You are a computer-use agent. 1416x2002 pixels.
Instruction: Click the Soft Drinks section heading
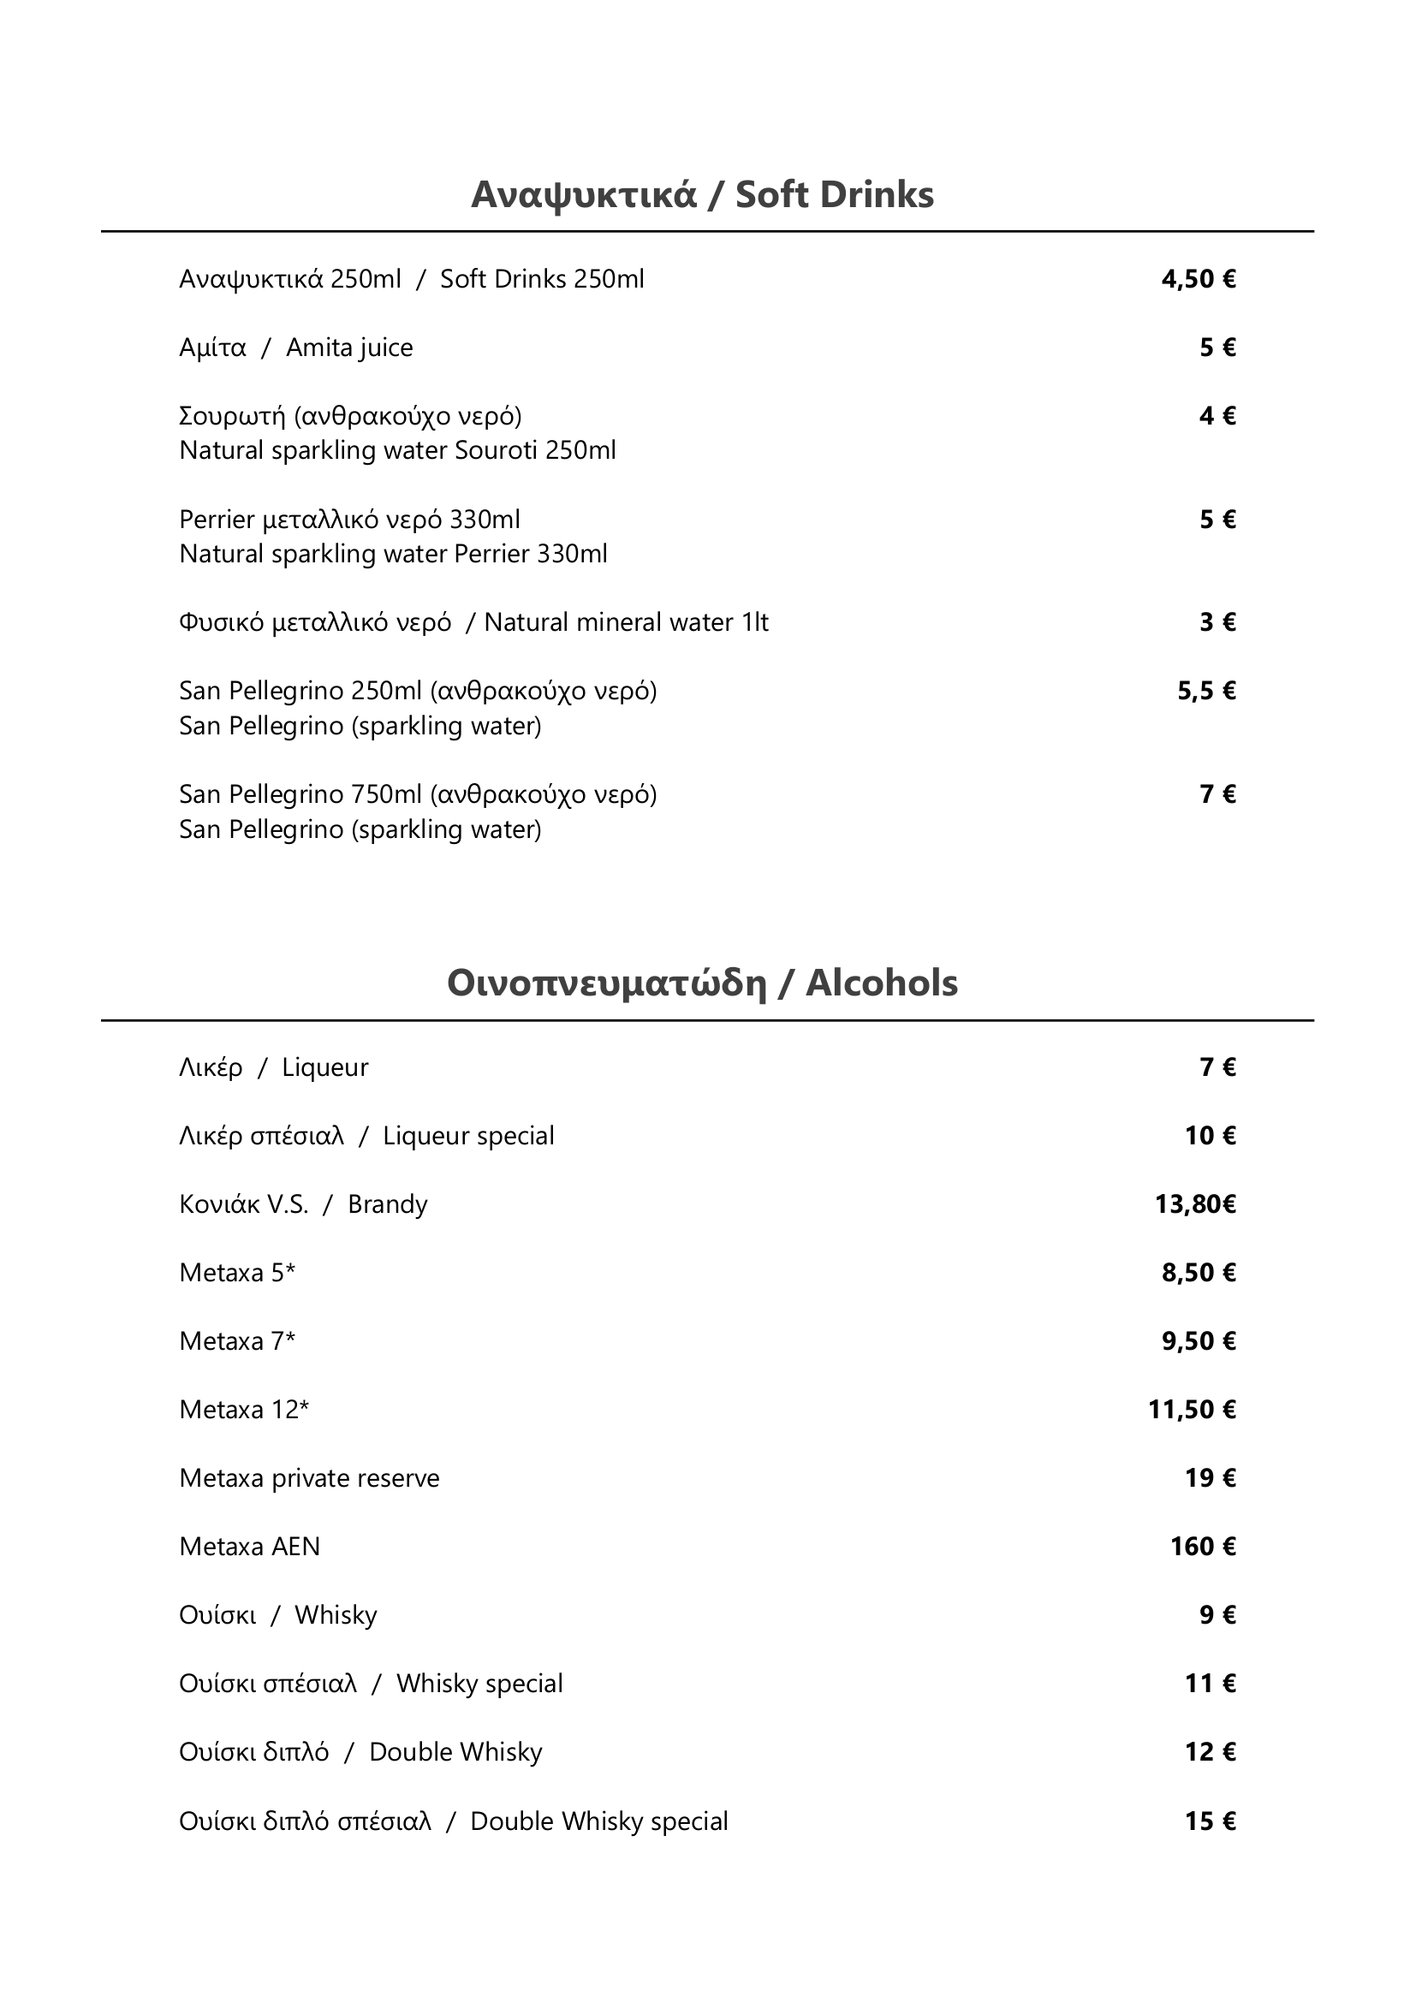(x=702, y=194)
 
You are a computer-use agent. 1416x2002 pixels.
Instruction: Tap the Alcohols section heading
(x=702, y=983)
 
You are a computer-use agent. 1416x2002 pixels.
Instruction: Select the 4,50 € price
(x=1198, y=279)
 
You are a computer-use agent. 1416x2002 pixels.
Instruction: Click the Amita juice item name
(x=295, y=348)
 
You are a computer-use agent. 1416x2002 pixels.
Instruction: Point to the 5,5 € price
(x=1206, y=692)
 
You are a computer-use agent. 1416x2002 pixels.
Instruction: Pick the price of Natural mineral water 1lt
(x=1217, y=622)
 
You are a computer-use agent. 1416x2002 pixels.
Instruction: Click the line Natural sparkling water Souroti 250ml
(x=396, y=451)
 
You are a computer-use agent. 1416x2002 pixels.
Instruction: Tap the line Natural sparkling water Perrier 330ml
(x=392, y=554)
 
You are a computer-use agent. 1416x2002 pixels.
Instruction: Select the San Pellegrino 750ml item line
(x=418, y=794)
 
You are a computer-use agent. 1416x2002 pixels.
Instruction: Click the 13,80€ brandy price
(x=1195, y=1204)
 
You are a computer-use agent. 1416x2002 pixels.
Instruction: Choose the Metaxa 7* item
(x=237, y=1341)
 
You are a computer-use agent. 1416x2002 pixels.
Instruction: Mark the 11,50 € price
(x=1191, y=1410)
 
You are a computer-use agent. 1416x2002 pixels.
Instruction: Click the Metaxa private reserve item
(x=309, y=1478)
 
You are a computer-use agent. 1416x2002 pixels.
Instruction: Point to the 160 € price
(x=1202, y=1547)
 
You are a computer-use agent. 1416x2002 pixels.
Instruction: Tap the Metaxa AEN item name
(x=249, y=1547)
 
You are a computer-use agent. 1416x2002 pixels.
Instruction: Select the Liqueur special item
(x=366, y=1136)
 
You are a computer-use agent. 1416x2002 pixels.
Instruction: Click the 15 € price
(x=1210, y=1821)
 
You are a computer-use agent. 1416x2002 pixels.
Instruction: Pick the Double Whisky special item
(x=453, y=1821)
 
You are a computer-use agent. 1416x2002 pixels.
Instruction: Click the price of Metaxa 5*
(x=1198, y=1273)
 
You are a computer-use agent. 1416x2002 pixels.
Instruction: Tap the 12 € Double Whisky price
(x=1210, y=1753)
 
